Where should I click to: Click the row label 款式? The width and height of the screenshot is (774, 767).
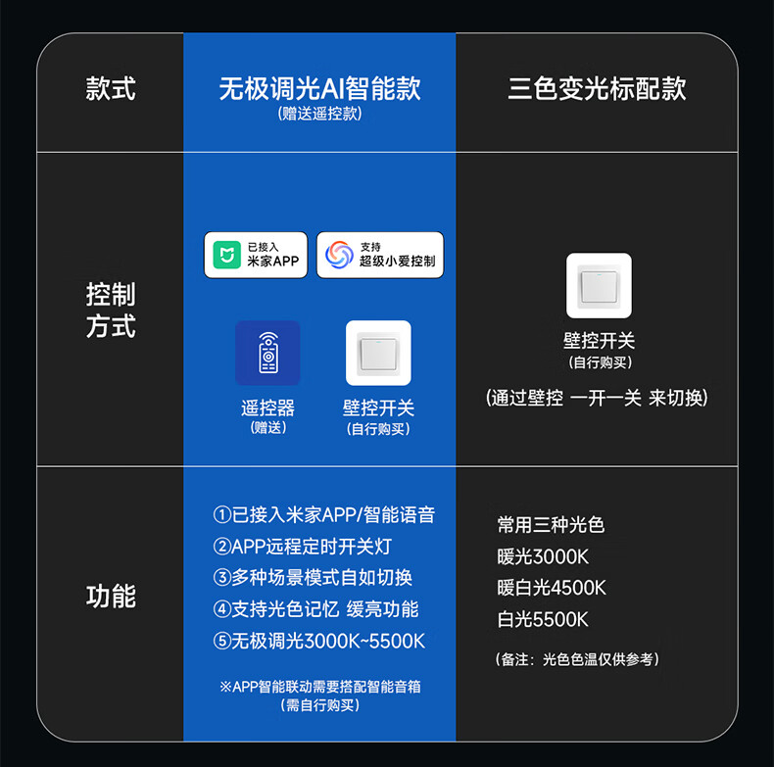(x=110, y=90)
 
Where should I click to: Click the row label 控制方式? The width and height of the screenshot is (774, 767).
(x=110, y=310)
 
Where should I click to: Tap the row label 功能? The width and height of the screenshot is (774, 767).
(x=110, y=596)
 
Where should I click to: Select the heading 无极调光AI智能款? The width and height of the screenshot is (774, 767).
(x=319, y=89)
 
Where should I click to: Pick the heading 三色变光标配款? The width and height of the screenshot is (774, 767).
(x=597, y=89)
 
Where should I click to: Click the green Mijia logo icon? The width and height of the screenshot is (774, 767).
(x=227, y=255)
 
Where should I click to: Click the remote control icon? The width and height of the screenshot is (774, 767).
(x=267, y=353)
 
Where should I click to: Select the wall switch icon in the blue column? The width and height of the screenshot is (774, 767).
(x=378, y=353)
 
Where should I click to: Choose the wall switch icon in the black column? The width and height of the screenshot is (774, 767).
(x=599, y=285)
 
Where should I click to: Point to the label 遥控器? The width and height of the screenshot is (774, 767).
(x=267, y=407)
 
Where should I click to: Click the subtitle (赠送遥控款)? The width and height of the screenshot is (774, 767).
(x=319, y=115)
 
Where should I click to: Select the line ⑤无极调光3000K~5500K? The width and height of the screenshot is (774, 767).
(x=319, y=641)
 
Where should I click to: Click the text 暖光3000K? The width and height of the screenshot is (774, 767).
(x=543, y=556)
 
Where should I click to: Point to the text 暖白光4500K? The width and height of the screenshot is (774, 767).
(x=552, y=588)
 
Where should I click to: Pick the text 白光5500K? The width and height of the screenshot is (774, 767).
(x=543, y=619)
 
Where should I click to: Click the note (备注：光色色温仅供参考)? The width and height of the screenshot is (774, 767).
(x=577, y=659)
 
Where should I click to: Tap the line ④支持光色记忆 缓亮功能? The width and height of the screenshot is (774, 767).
(x=315, y=609)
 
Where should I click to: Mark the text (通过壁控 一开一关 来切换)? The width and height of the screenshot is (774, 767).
(x=597, y=398)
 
